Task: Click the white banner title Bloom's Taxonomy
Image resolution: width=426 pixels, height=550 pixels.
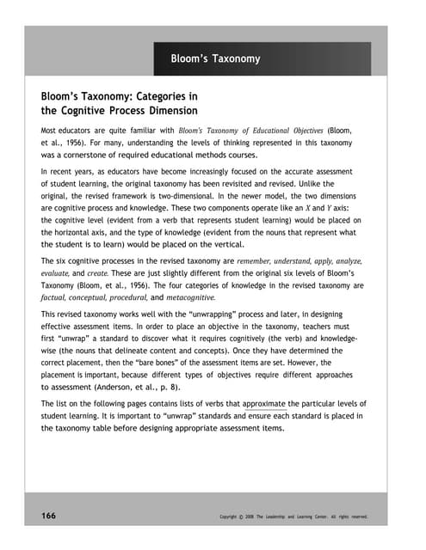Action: point(216,59)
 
